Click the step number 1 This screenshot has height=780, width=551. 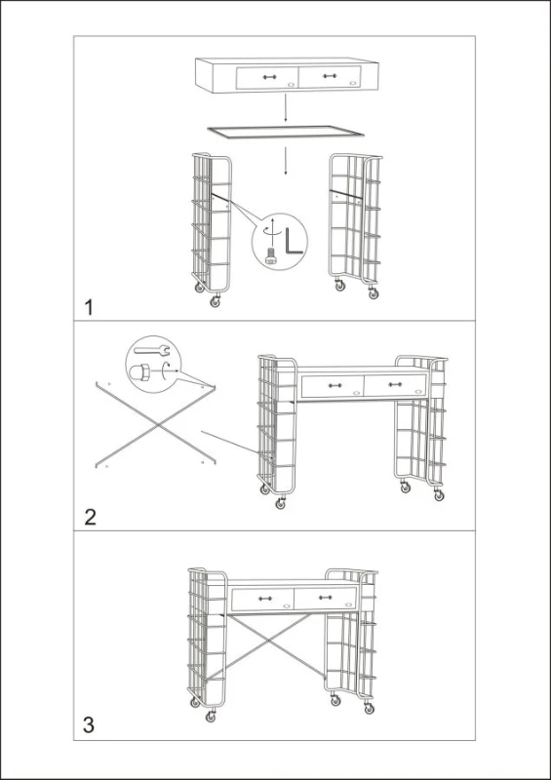[x=89, y=308]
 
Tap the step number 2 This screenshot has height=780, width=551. [x=90, y=517]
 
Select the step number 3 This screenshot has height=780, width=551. [x=89, y=724]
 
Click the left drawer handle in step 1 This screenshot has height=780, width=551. [x=269, y=77]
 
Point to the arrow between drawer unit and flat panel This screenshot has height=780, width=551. [x=285, y=108]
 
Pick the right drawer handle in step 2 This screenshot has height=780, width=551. [x=395, y=384]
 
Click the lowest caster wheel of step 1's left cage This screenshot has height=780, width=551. [x=216, y=302]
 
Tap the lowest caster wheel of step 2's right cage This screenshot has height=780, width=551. [x=439, y=495]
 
